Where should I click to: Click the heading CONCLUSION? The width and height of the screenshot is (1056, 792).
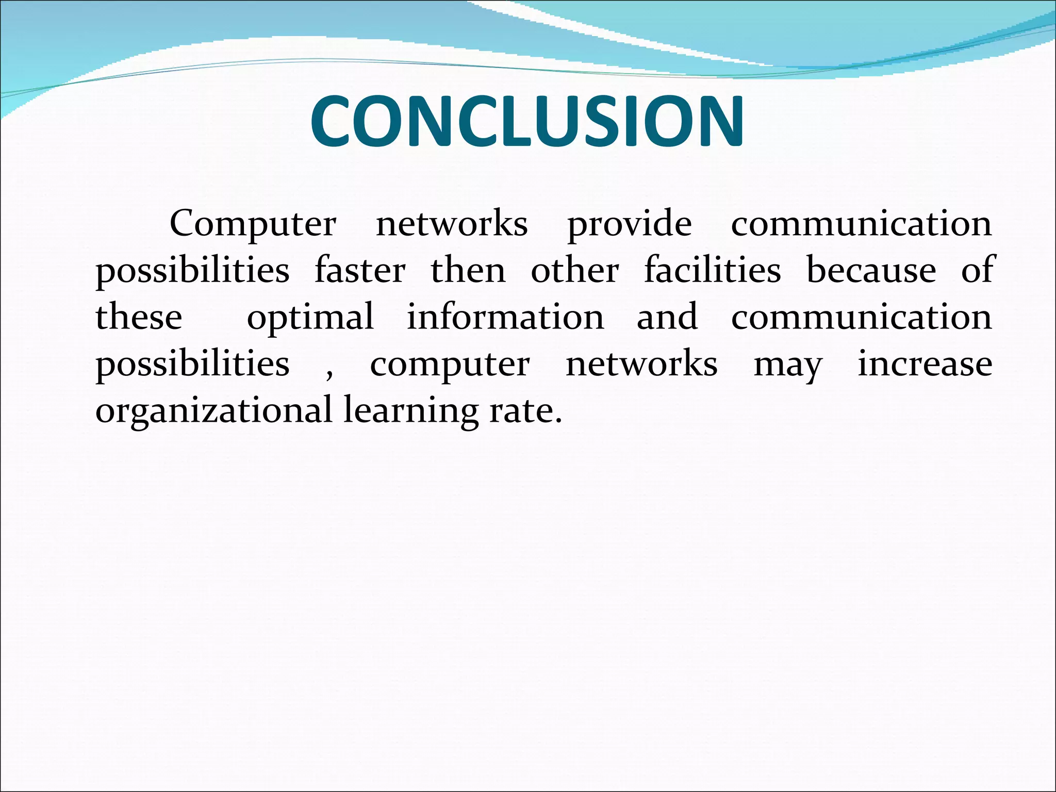coord(527,122)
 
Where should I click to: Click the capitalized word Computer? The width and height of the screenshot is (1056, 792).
coord(253,224)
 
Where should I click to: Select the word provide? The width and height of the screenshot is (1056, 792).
coord(630,225)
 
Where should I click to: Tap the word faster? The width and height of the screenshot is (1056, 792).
coord(360,270)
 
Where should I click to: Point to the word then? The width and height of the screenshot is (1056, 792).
coord(468,270)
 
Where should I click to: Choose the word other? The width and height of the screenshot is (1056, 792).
coord(575,270)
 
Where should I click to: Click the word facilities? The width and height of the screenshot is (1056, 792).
coord(713,270)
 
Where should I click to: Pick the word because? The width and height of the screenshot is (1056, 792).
coord(871,270)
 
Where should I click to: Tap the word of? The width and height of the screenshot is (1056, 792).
coord(977,270)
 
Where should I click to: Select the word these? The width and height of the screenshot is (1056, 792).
coord(139,317)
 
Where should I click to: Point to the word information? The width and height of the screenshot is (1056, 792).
coord(505,317)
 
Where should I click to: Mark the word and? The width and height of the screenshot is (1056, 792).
coord(667,317)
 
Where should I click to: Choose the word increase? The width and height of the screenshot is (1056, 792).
coord(925,364)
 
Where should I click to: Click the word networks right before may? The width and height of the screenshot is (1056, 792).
coord(641,364)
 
